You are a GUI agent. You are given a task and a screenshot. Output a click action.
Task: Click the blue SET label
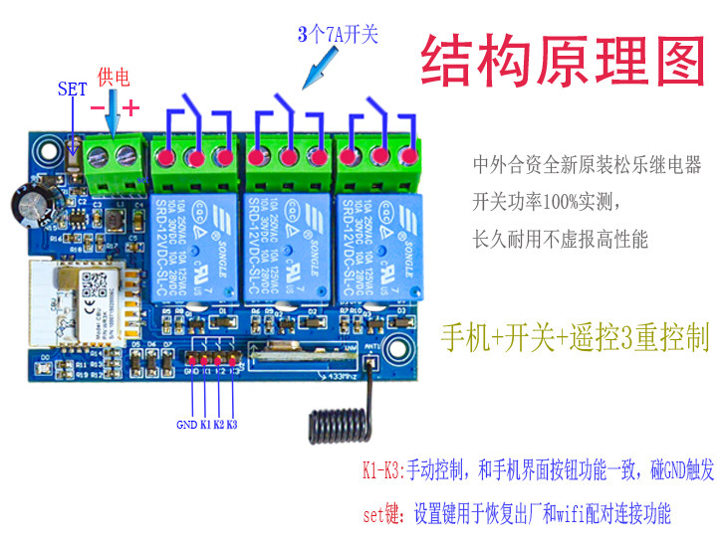point(72,89)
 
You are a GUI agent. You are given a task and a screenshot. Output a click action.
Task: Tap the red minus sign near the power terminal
point(98,105)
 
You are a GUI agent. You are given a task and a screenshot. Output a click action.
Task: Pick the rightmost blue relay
point(379,246)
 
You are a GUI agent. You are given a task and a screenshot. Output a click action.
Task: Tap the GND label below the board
point(187,425)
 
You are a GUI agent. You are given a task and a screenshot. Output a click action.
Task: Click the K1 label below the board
point(205,425)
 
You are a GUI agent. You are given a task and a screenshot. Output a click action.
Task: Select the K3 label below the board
point(232,425)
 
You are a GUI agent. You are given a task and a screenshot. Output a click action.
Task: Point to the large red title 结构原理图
point(562,62)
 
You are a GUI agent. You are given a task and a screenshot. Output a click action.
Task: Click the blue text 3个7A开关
point(339,34)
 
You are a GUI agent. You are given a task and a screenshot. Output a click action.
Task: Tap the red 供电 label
point(114,78)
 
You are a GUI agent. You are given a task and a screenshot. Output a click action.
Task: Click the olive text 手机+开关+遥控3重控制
point(576,337)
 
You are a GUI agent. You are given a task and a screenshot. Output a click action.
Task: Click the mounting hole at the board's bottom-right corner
point(402,349)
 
